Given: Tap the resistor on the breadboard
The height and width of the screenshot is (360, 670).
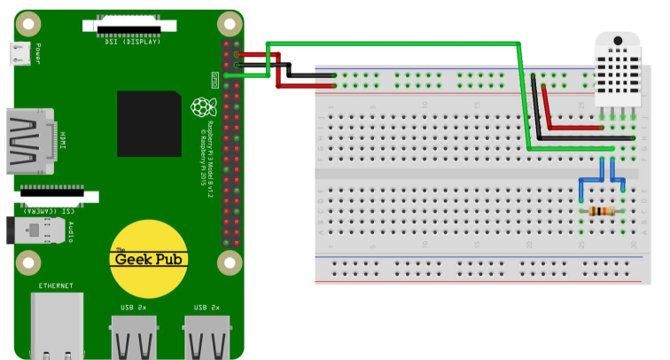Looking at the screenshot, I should [602, 211].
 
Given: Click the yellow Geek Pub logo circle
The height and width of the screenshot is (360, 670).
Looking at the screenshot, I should [149, 258].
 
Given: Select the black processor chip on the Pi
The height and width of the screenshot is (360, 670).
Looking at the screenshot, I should [149, 123].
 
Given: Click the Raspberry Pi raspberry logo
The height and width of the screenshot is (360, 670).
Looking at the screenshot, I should [204, 107].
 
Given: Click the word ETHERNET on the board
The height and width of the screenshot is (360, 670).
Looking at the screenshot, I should [56, 286].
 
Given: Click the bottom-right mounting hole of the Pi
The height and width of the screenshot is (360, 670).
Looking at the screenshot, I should [230, 262].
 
